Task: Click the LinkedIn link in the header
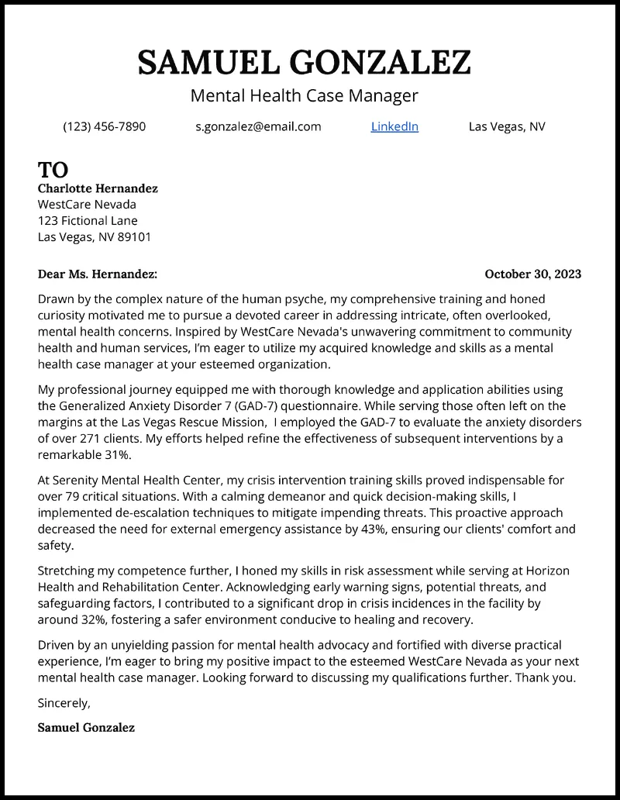tap(394, 126)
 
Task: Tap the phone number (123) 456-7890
tap(104, 126)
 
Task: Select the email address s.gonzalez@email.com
tap(258, 126)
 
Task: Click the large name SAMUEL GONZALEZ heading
tap(305, 62)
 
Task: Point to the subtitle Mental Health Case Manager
tap(305, 96)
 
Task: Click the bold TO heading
tap(53, 170)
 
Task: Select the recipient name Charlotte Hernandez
tap(98, 188)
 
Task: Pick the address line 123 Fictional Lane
tap(88, 221)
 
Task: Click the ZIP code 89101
tap(134, 237)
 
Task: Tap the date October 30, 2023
tap(532, 274)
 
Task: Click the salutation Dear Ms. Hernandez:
tap(98, 274)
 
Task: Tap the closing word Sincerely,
tap(64, 703)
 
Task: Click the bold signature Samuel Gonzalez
tap(86, 728)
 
